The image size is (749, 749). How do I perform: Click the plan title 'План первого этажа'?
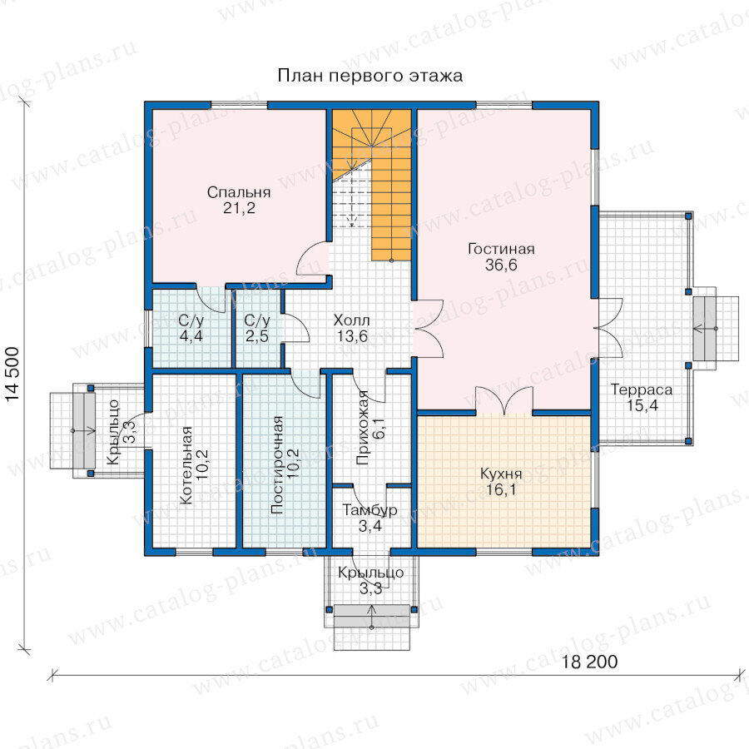(370, 76)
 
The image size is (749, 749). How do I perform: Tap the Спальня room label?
(239, 192)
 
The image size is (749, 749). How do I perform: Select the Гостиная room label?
(501, 249)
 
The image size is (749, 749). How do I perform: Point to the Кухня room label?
(501, 474)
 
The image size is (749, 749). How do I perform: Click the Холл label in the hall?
(351, 320)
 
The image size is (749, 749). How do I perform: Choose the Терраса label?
(642, 389)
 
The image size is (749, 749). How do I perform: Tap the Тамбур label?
(370, 509)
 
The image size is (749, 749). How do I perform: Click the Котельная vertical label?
(186, 465)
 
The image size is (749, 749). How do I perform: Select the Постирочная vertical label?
(277, 464)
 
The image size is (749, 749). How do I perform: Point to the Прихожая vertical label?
(363, 428)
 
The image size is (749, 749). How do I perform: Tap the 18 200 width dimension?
(589, 662)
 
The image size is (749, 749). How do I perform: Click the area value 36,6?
(501, 265)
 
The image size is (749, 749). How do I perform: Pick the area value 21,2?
(239, 208)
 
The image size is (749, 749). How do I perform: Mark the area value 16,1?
(501, 489)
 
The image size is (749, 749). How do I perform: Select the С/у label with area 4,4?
(191, 320)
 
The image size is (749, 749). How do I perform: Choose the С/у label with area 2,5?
(257, 320)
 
